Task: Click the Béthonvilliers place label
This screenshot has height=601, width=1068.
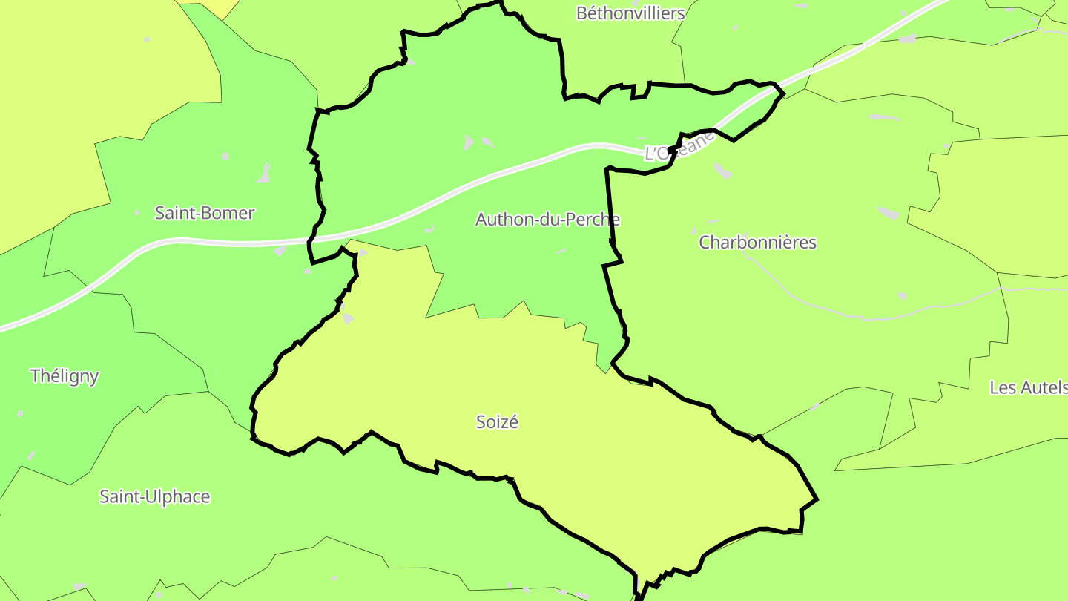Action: tap(630, 13)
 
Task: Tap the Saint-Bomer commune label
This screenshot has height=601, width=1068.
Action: tap(204, 213)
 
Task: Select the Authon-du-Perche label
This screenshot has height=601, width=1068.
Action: tap(547, 220)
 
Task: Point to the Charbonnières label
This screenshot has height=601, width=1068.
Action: tap(757, 243)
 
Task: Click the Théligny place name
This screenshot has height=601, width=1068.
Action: tap(65, 376)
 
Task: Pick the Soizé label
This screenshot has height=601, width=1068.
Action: tap(497, 422)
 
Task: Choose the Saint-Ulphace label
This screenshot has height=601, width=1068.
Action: tap(155, 496)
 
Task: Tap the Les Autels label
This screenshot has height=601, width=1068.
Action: tap(1029, 387)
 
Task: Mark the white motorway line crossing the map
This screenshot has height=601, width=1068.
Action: tap(222, 242)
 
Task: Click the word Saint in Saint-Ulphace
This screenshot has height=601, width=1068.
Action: tap(119, 496)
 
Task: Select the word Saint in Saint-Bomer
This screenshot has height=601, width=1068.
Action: tap(172, 213)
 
